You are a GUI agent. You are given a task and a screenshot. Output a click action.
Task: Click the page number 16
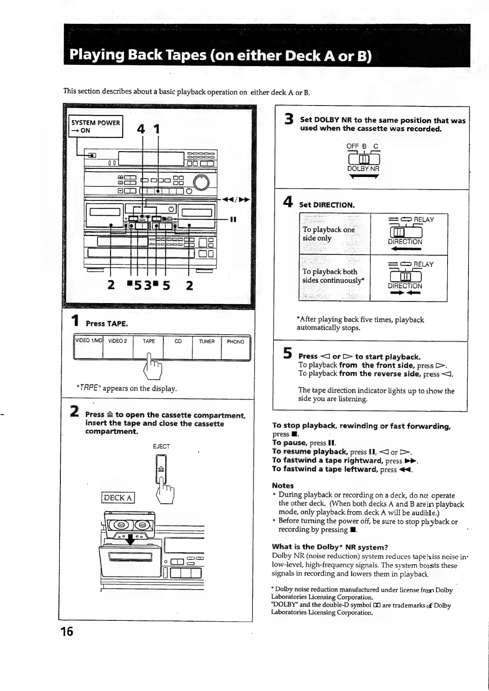point(67,631)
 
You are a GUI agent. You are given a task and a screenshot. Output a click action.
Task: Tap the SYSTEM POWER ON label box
point(96,126)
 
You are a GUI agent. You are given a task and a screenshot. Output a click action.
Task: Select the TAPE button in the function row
point(149,342)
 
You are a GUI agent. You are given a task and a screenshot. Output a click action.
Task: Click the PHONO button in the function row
point(235,342)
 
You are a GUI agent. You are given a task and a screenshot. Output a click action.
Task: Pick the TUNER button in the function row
point(207,342)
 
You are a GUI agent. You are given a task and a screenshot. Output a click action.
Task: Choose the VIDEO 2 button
point(117,342)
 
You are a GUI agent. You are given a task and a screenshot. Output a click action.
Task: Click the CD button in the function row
point(178,342)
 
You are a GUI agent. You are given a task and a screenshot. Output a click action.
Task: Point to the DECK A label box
point(118,498)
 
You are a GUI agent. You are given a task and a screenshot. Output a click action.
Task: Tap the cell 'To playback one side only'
point(334,234)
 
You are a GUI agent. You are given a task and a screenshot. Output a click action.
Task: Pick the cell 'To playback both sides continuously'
point(334,276)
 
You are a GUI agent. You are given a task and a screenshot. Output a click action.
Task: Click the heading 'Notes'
point(283,485)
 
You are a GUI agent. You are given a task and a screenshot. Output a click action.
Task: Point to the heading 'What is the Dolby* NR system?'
point(330,547)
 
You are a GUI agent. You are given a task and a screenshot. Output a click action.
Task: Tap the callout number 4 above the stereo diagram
point(141,129)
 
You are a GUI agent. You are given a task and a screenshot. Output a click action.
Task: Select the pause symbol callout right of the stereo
point(233,219)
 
